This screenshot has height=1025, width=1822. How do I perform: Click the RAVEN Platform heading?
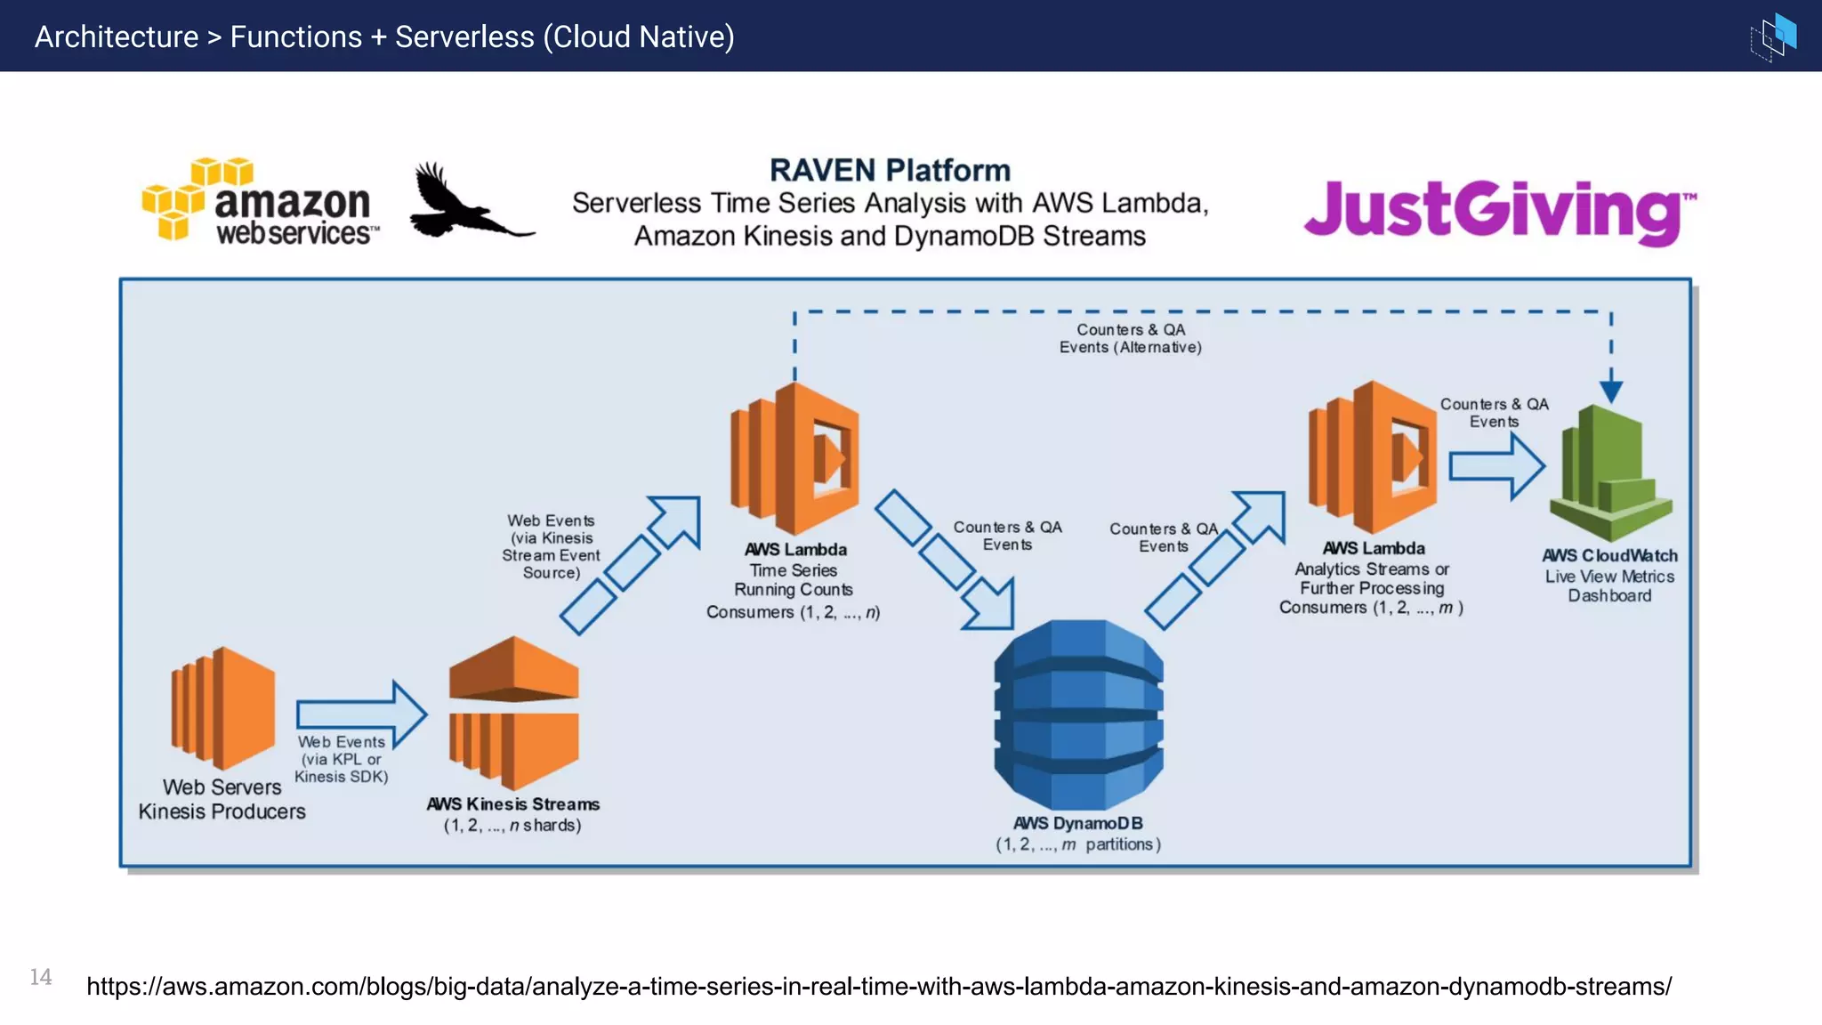coord(890,170)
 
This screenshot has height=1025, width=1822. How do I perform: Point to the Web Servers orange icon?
coord(224,708)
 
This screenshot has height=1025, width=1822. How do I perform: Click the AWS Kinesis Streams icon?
coord(514,712)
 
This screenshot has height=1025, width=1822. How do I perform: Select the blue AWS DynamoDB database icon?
coord(1078,714)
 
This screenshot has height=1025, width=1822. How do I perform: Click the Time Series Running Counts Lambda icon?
coord(795,457)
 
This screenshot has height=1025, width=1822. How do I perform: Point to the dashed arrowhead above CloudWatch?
coord(1611,390)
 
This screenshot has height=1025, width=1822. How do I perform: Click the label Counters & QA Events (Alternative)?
coord(1130,338)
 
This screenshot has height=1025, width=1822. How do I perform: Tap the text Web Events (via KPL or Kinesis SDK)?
coord(342,759)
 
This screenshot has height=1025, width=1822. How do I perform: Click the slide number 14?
coord(41,977)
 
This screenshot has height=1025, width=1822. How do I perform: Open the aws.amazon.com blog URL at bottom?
coord(879,986)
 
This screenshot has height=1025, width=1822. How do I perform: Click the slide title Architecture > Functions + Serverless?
coord(384,36)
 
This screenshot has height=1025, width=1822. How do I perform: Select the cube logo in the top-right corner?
coord(1774,36)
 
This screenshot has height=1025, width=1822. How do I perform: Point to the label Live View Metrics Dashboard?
coord(1609,585)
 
